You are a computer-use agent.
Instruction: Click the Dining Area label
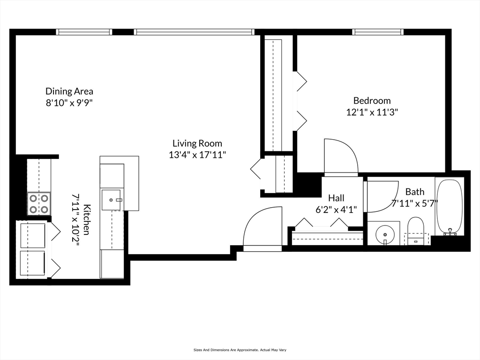pos(69,91)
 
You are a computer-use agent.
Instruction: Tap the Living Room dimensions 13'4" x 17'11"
pos(197,155)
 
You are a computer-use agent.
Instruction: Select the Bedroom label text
pos(372,100)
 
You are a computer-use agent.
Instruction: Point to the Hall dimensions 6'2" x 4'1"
pos(336,210)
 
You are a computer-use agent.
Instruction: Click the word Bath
pos(415,192)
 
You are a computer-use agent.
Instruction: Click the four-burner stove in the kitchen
pos(39,203)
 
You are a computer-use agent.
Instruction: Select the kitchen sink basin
pos(111,200)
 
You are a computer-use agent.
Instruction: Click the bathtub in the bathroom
pos(450,207)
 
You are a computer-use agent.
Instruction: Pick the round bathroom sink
pos(385,234)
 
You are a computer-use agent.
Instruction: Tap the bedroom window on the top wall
pos(378,32)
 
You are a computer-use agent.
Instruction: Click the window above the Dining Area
pos(84,32)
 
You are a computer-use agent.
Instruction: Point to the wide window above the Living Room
pos(194,32)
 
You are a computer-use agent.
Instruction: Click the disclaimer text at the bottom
pos(240,350)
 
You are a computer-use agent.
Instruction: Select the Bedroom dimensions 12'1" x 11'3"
pos(372,112)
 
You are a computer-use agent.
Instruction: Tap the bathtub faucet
pos(450,232)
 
